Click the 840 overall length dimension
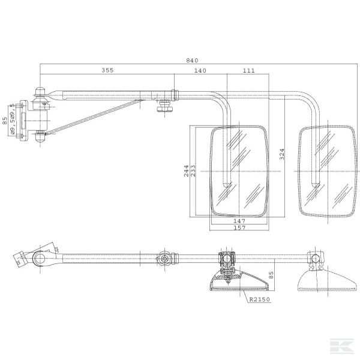point(192,60)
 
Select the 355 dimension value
point(107,71)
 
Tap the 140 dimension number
point(200,71)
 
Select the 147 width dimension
point(238,221)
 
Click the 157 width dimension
point(238,228)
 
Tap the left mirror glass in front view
point(238,171)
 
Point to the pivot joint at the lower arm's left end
point(40,260)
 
